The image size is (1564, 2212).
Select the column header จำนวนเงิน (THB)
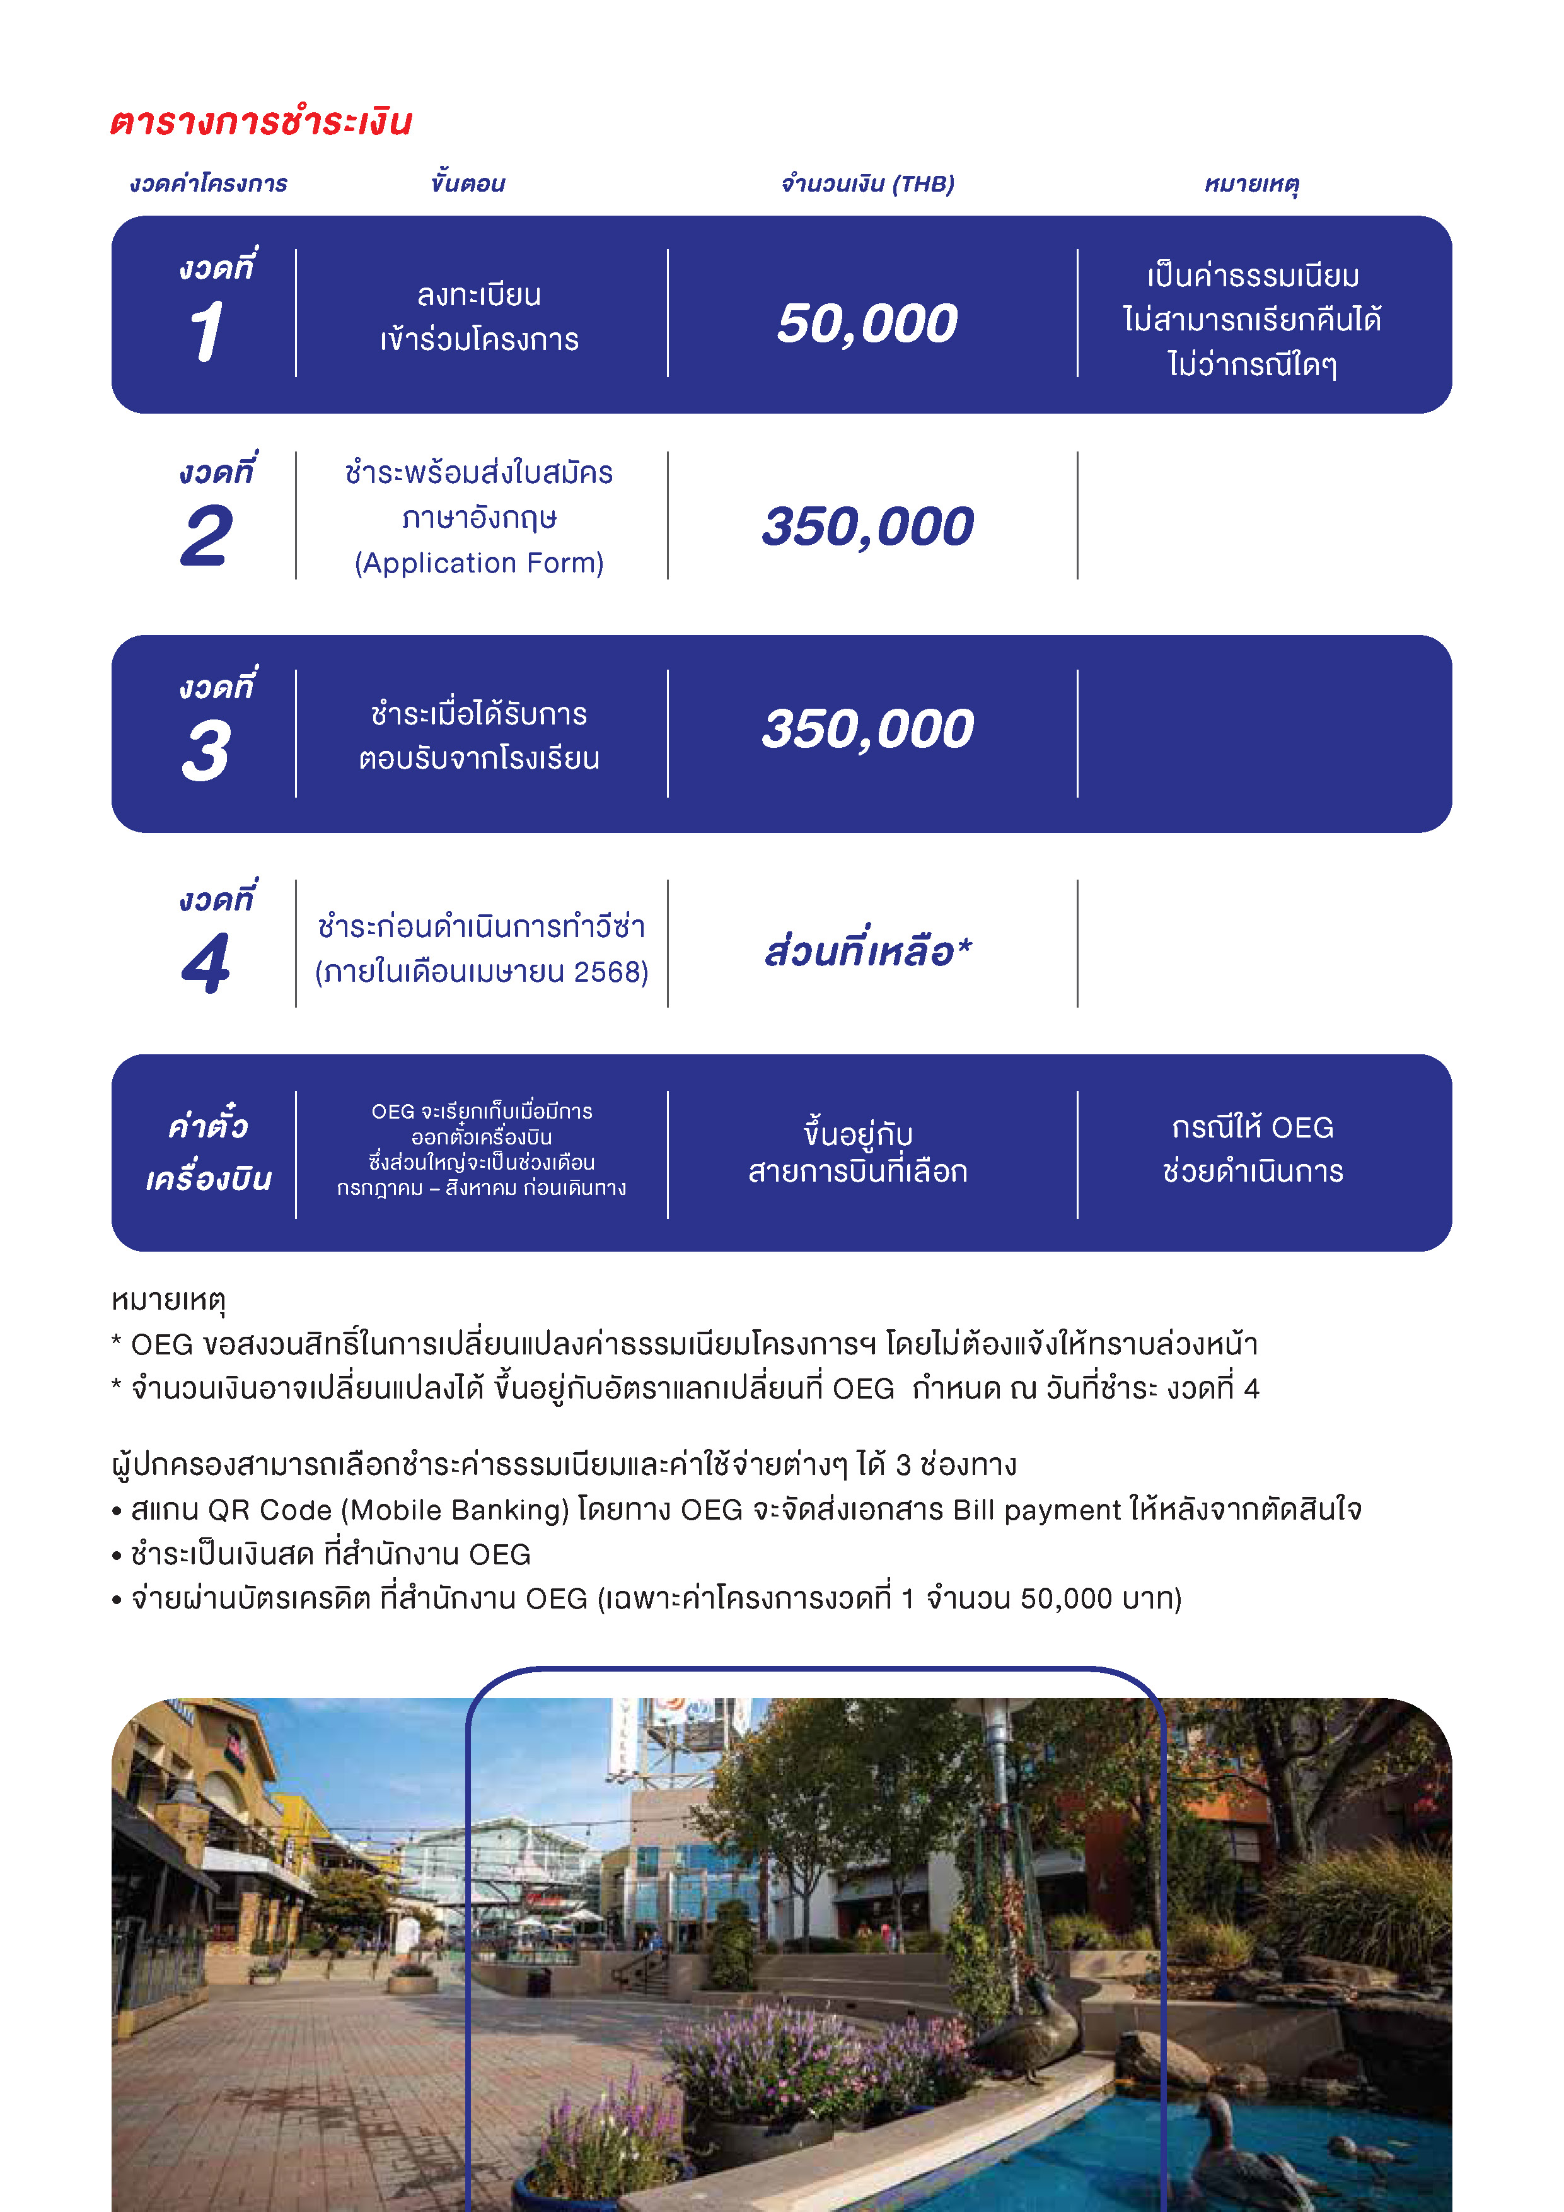(867, 183)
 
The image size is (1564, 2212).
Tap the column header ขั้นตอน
(468, 183)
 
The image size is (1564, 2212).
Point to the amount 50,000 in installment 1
(867, 323)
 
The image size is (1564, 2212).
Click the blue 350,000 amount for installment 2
(867, 526)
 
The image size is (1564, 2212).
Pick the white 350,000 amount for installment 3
(867, 728)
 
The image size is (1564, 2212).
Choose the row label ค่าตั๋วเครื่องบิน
(208, 1152)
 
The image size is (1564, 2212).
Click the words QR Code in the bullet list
(270, 1510)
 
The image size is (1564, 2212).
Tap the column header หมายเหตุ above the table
(1252, 183)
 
